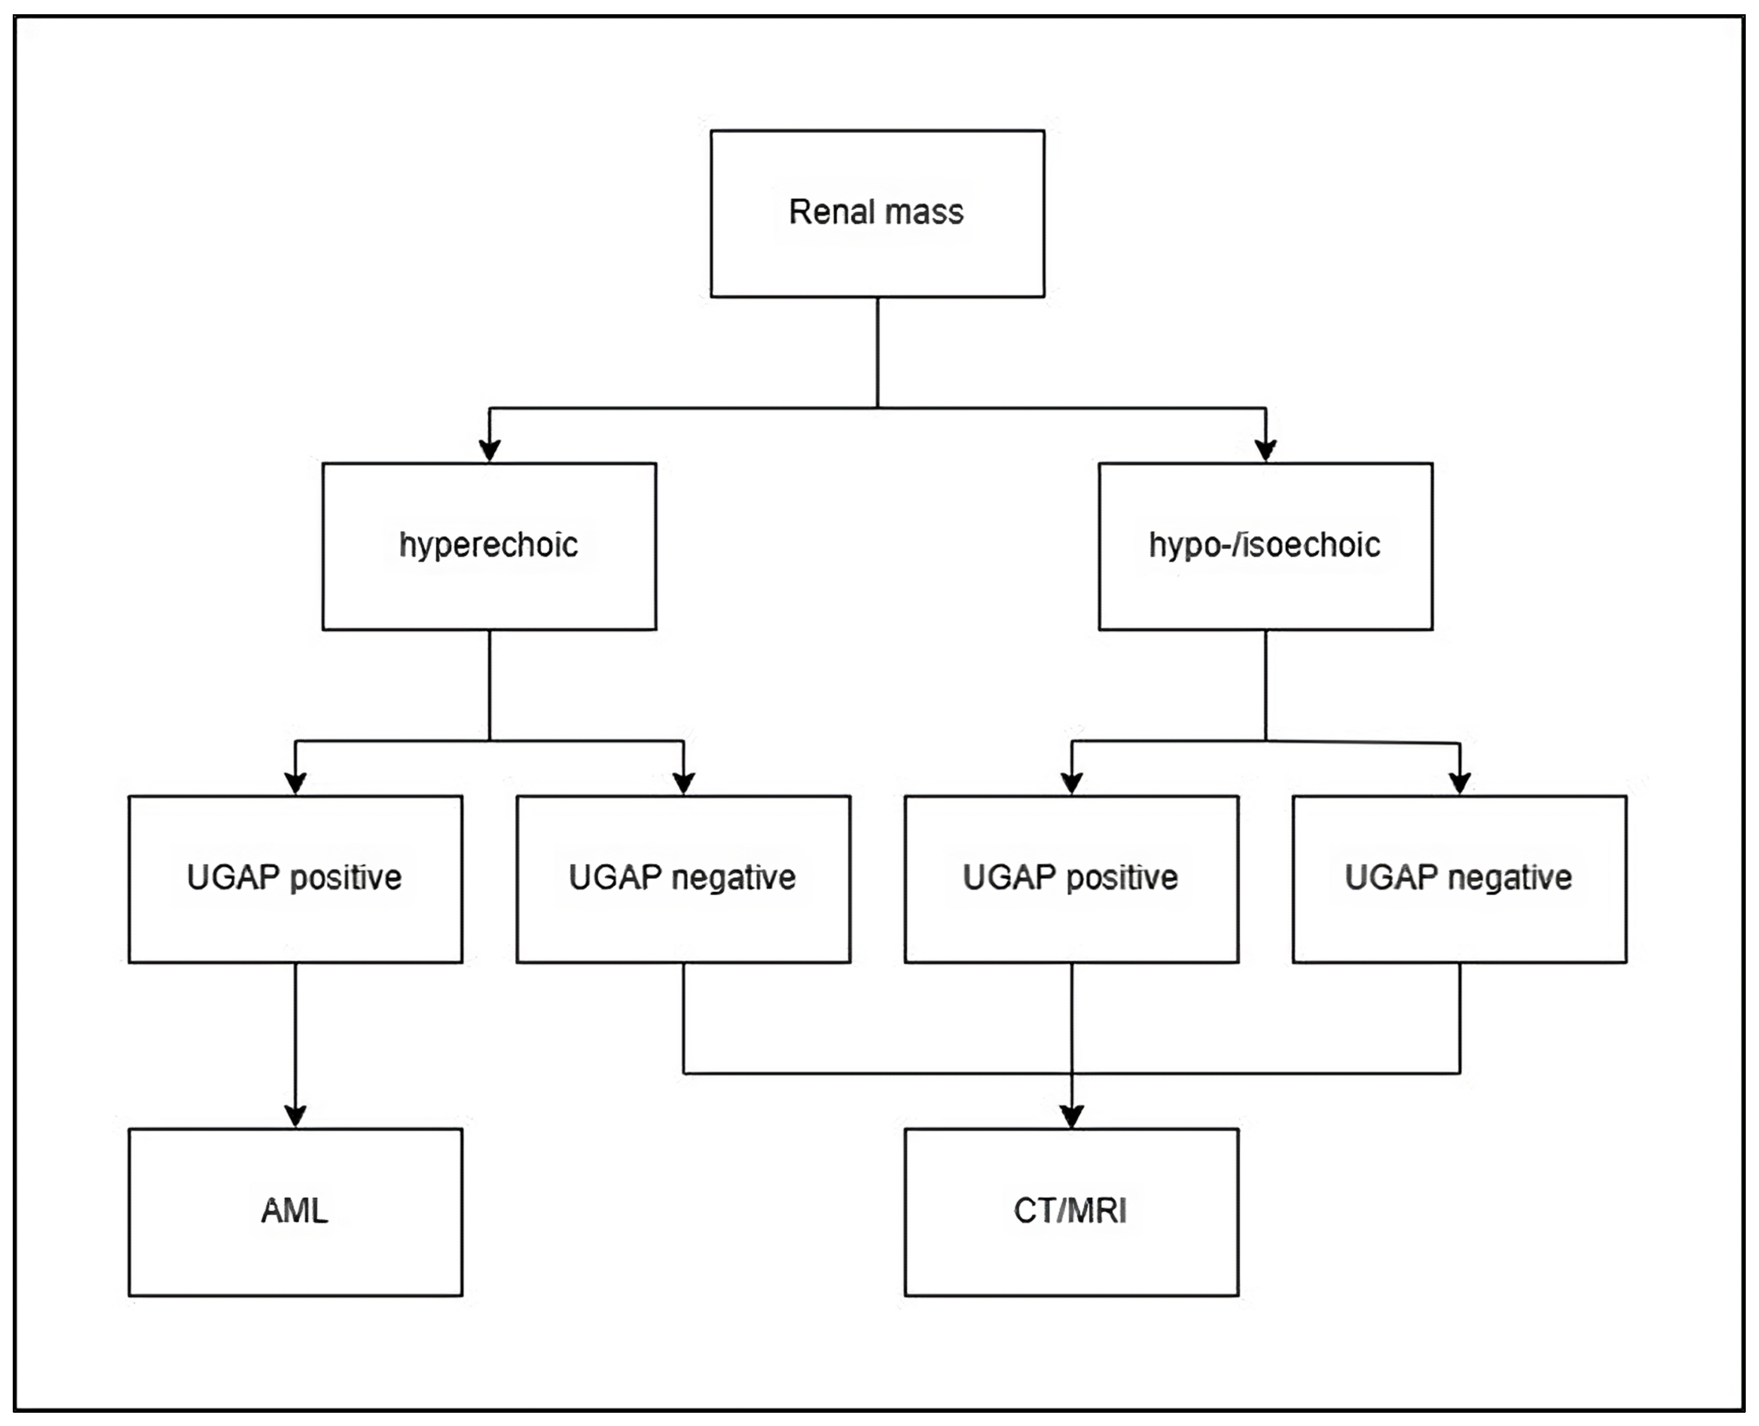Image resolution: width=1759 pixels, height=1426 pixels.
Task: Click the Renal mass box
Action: click(x=877, y=213)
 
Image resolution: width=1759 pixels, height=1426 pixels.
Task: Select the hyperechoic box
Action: click(x=489, y=546)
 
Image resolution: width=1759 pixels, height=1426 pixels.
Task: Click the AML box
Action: click(x=296, y=1212)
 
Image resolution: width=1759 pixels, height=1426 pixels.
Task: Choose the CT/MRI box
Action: click(x=1071, y=1212)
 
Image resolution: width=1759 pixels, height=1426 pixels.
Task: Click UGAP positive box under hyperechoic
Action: click(x=296, y=879)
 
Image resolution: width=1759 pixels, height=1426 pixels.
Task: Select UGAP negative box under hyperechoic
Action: click(x=683, y=879)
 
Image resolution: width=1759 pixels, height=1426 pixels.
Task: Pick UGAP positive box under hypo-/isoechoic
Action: click(x=1071, y=879)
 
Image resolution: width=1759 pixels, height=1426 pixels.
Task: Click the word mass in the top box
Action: click(x=925, y=213)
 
